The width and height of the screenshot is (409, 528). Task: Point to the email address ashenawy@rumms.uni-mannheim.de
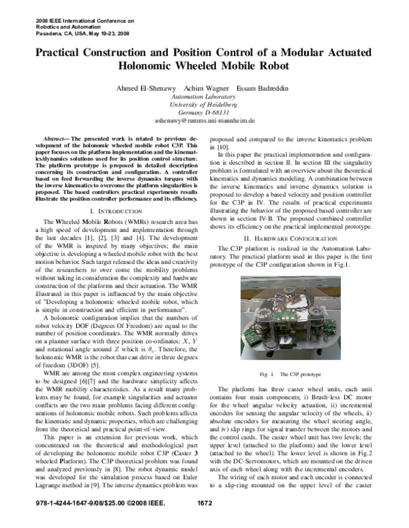click(204, 120)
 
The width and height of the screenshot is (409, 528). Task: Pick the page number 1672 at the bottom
click(205, 521)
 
